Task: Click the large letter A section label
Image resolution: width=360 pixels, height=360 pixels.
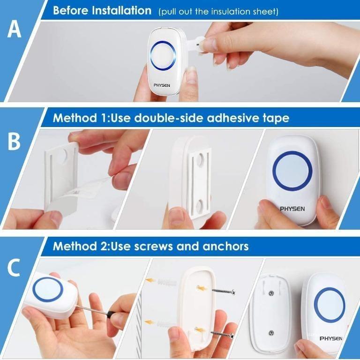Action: click(15, 30)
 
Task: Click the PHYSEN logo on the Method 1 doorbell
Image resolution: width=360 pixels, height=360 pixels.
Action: click(293, 209)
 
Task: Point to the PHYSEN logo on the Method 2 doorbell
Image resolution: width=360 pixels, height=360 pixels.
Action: click(330, 338)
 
